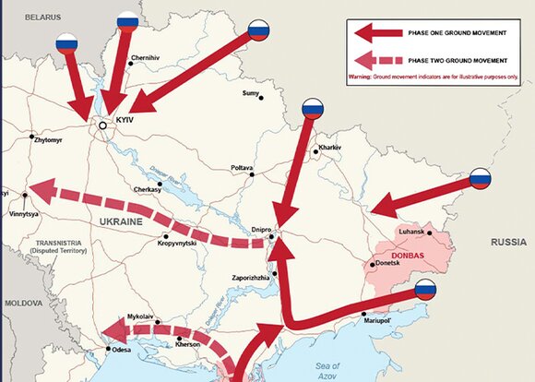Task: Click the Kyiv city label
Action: click(x=125, y=121)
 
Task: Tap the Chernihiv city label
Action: click(x=146, y=58)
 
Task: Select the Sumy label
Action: click(x=250, y=93)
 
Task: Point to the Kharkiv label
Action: click(x=329, y=148)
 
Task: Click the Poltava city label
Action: click(x=242, y=168)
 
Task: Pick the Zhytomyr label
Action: click(x=47, y=141)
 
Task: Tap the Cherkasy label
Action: click(x=147, y=189)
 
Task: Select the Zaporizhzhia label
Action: click(x=250, y=277)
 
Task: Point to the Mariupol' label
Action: click(x=378, y=323)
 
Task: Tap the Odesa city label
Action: click(x=120, y=351)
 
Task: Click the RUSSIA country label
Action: click(x=505, y=245)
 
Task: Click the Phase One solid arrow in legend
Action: click(x=377, y=34)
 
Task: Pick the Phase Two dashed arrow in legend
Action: click(x=377, y=61)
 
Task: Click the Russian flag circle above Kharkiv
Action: click(x=314, y=109)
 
